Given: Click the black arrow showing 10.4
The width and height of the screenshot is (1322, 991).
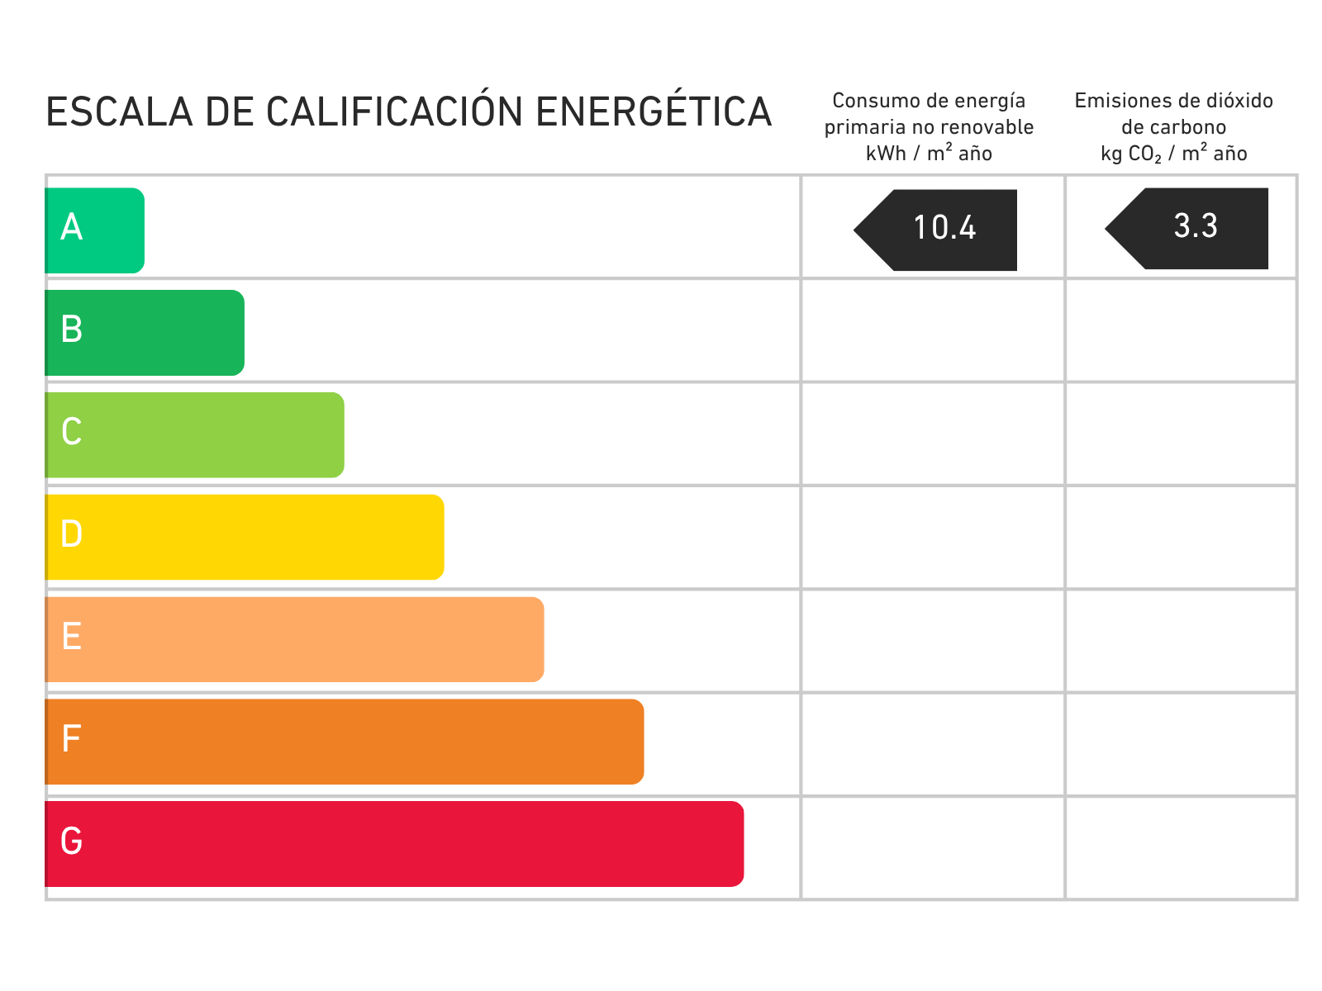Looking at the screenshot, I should click(x=938, y=230).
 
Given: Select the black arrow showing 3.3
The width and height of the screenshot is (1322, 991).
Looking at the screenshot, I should click(x=1190, y=229).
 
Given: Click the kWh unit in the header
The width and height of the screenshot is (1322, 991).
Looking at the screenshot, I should click(x=886, y=154).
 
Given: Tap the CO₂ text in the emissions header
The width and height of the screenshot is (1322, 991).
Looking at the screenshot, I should click(x=1145, y=154).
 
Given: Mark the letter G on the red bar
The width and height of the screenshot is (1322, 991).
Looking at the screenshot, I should click(x=72, y=842).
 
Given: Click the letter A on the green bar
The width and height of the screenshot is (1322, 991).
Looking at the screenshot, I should click(x=72, y=227).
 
